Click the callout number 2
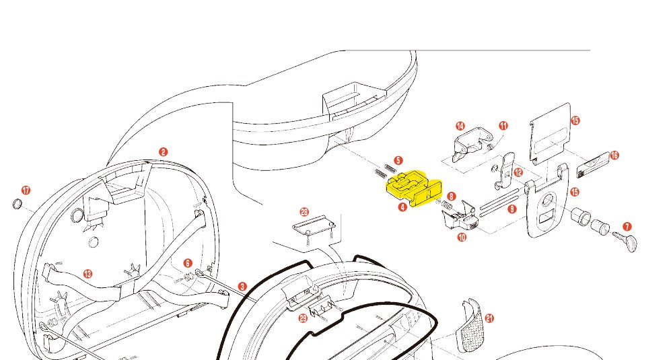[x=163, y=153]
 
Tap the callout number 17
[x=26, y=190]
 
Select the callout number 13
[x=87, y=274]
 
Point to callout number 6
[x=187, y=263]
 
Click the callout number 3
[x=242, y=286]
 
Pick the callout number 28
[x=304, y=212]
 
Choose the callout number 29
[x=303, y=318]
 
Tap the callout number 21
[x=489, y=318]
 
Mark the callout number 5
[x=398, y=161]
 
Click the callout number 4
[x=402, y=207]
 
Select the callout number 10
[x=461, y=237]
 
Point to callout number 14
[x=460, y=126]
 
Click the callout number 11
[x=503, y=126]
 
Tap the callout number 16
[x=614, y=155]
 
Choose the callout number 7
[x=627, y=227]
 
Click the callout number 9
[x=512, y=210]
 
